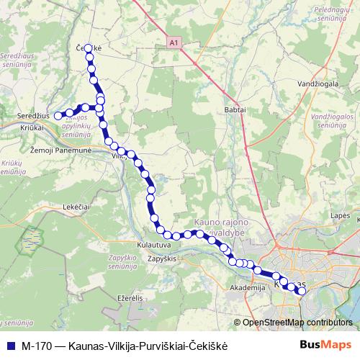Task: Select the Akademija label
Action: [243, 287]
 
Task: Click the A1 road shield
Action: [174, 44]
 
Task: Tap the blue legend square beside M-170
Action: [9, 345]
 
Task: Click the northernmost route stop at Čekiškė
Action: [89, 49]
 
